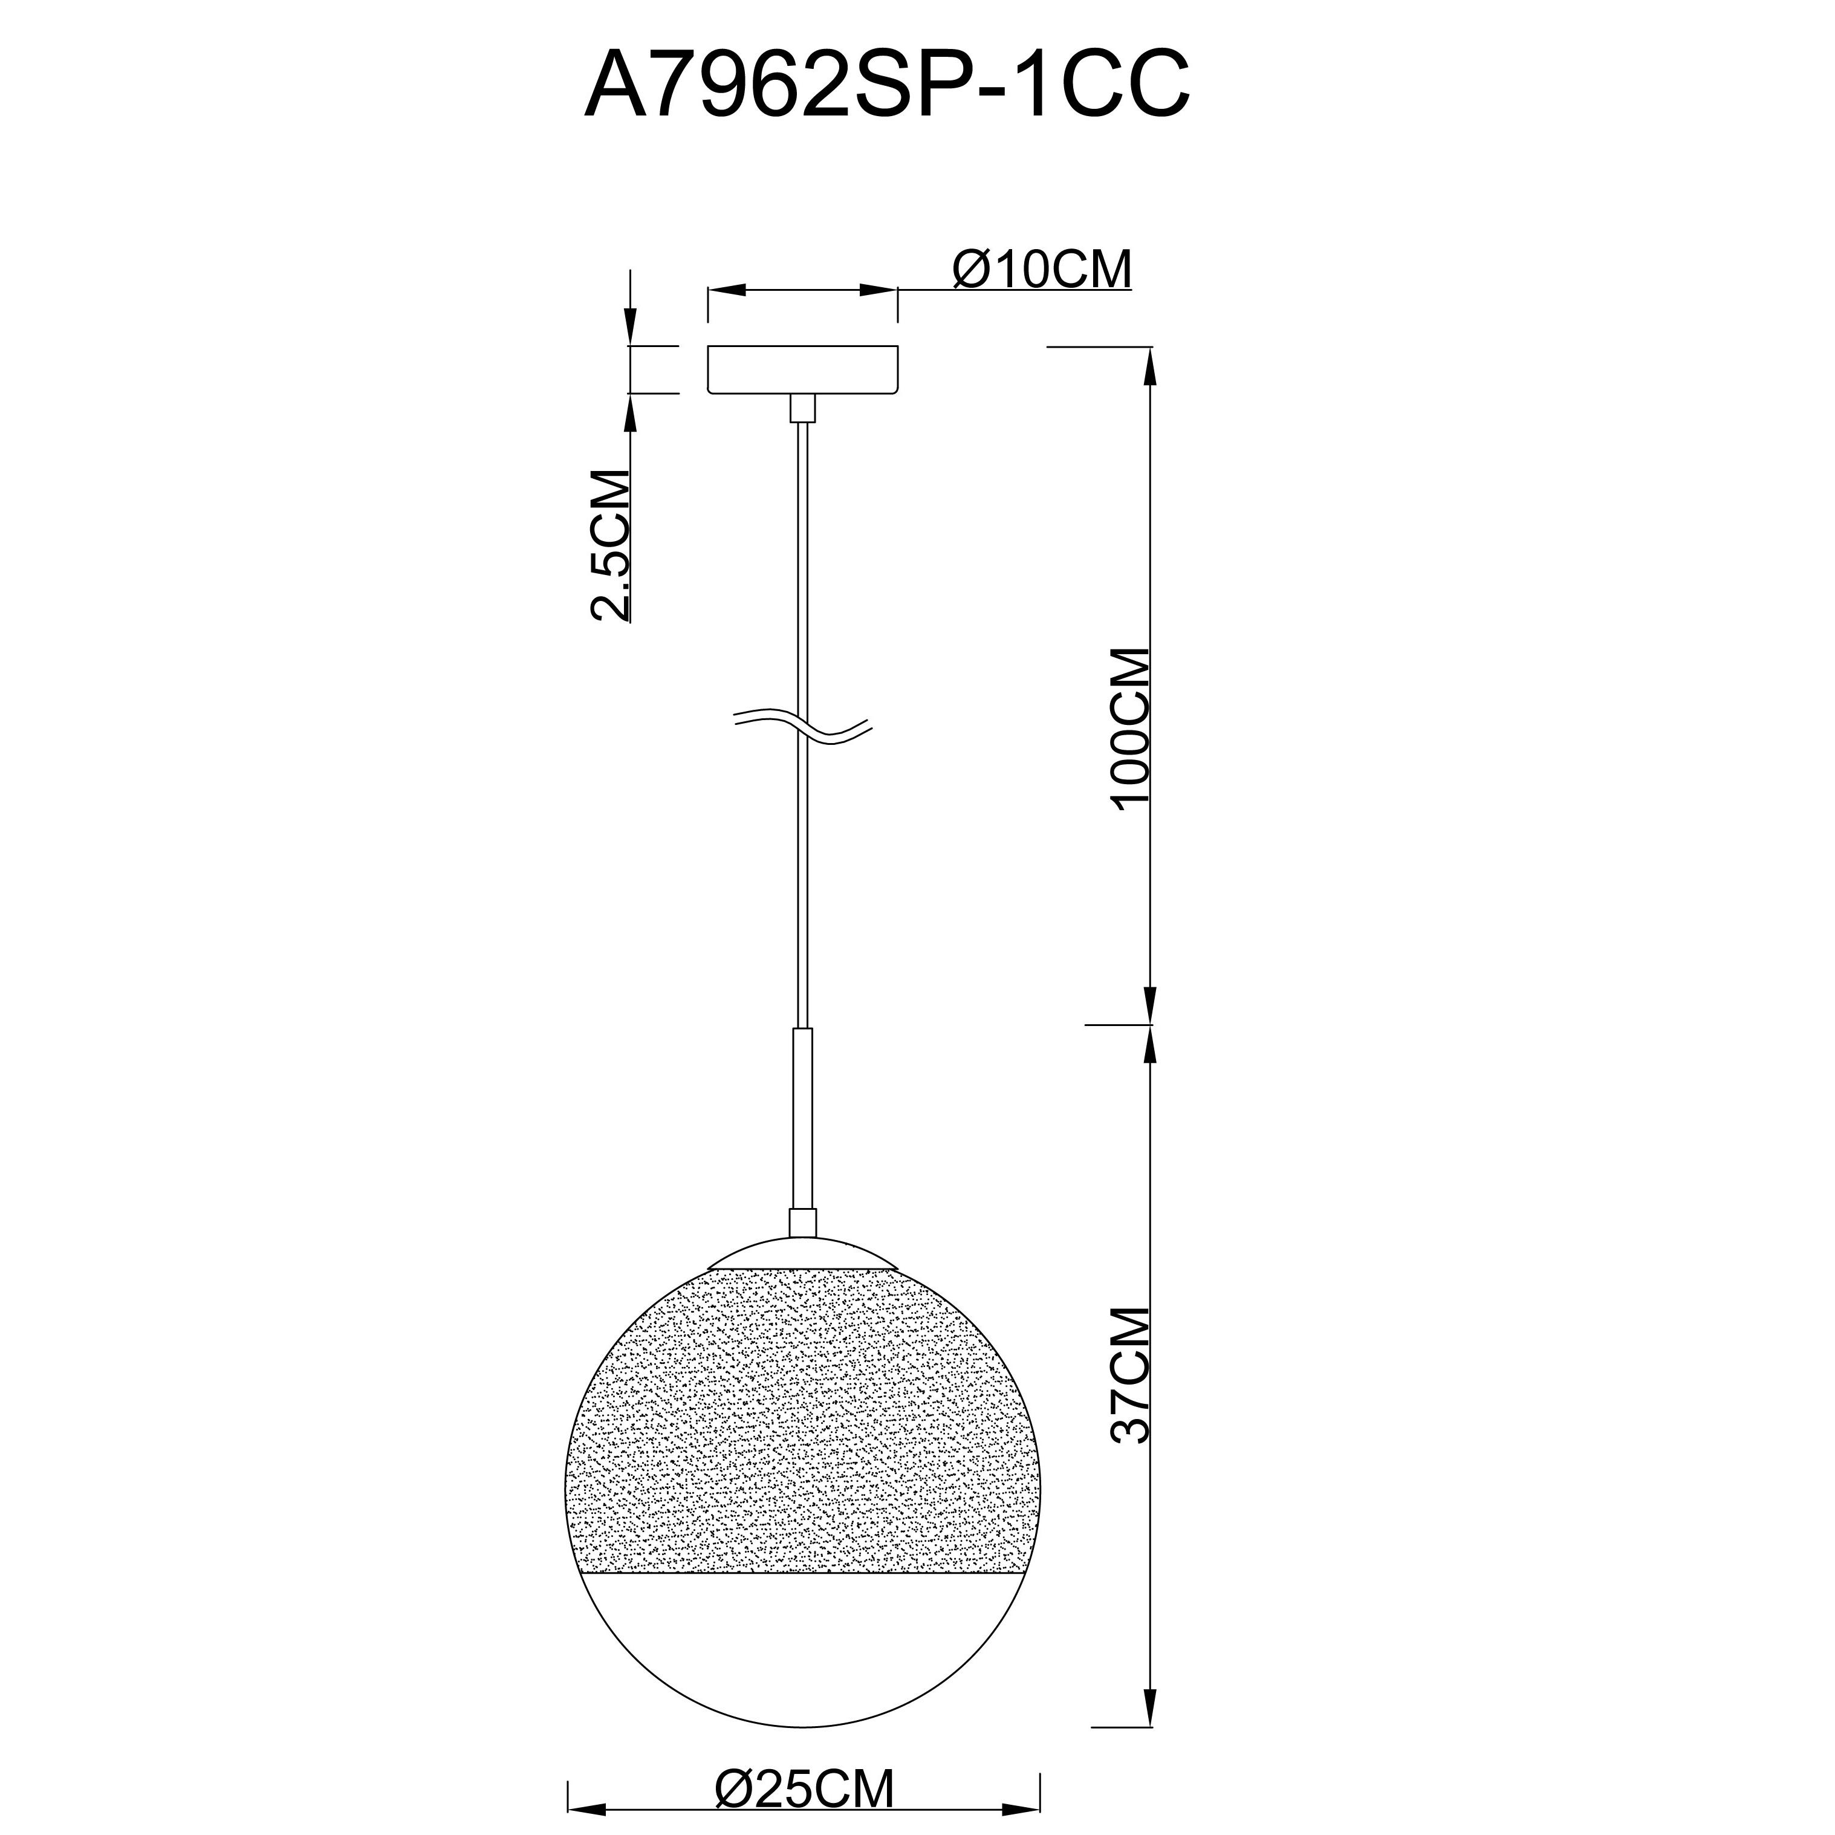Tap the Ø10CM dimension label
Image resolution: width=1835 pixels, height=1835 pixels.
click(x=1042, y=269)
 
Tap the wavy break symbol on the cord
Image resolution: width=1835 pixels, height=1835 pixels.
click(x=802, y=727)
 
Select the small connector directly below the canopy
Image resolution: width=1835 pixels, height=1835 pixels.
click(x=802, y=408)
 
